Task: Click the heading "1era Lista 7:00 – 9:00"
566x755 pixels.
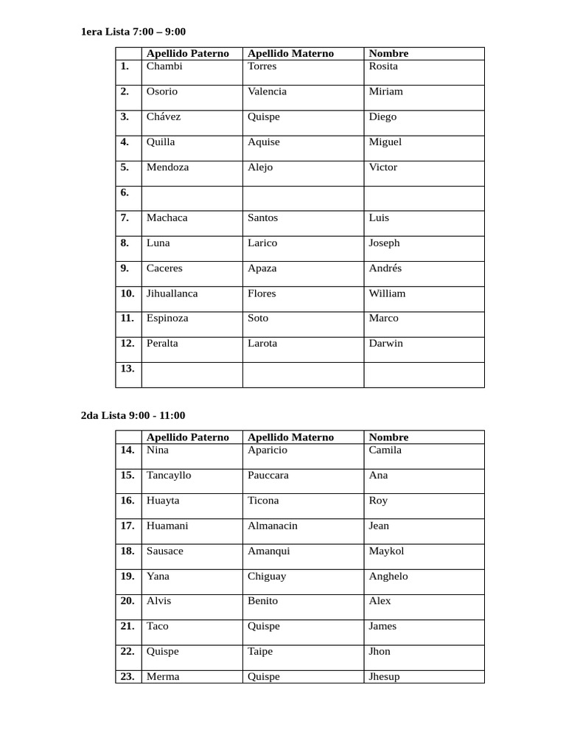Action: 133,32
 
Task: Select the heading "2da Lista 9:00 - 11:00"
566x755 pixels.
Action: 133,415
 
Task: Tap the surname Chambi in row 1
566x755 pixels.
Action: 164,66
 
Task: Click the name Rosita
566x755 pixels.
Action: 383,66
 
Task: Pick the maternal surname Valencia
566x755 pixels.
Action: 268,91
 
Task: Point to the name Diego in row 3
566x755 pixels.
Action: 382,116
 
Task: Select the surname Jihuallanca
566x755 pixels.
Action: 172,293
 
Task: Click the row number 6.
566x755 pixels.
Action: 125,192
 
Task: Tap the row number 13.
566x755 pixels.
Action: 127,368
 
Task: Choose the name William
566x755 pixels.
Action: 387,293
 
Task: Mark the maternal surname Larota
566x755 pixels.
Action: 262,344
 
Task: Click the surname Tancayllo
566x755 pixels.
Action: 169,476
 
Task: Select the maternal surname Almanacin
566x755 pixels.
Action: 273,526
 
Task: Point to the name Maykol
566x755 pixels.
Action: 386,551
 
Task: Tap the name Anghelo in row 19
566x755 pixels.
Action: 388,576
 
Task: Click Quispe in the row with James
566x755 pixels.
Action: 264,626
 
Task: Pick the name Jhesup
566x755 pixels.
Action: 384,676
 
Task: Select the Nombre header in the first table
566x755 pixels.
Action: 388,53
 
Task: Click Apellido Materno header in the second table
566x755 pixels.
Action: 290,437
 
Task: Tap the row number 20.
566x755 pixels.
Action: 127,601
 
